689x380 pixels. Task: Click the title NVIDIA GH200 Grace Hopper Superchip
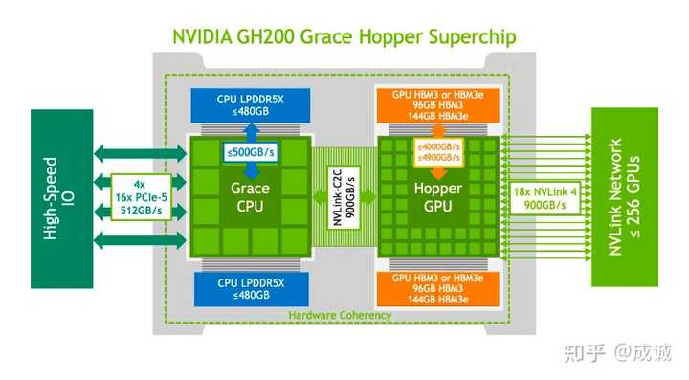tap(344, 37)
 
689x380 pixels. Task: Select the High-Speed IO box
tap(56, 191)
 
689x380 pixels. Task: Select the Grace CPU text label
tap(250, 197)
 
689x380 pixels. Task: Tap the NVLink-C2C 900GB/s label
tap(347, 197)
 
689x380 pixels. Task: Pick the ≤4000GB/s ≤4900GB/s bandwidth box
tap(437, 151)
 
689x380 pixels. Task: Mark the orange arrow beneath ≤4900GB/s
tap(437, 172)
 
